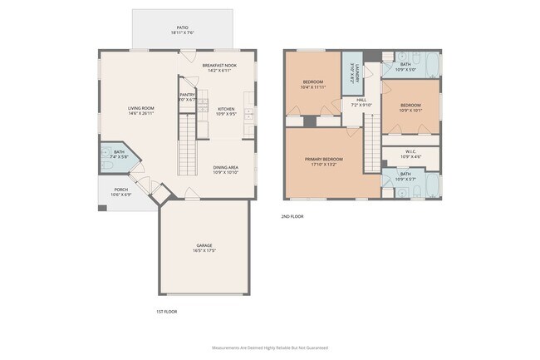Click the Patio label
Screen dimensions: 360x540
tap(182, 30)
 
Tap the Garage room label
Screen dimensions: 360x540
tap(204, 248)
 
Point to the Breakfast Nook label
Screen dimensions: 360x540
tap(218, 67)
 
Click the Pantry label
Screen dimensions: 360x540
tap(188, 97)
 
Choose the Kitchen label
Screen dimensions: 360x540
tap(226, 111)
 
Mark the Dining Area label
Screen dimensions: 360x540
tap(226, 170)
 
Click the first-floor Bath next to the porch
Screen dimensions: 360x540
tap(119, 155)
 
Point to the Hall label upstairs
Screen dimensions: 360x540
tap(361, 102)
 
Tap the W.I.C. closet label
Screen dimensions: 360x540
tap(410, 154)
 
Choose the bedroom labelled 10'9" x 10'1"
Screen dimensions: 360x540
tap(410, 108)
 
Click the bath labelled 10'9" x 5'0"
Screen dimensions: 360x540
tap(405, 67)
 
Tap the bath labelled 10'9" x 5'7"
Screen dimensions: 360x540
tap(405, 176)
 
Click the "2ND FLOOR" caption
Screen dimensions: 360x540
tap(292, 216)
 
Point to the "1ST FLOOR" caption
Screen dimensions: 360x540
tap(166, 311)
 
